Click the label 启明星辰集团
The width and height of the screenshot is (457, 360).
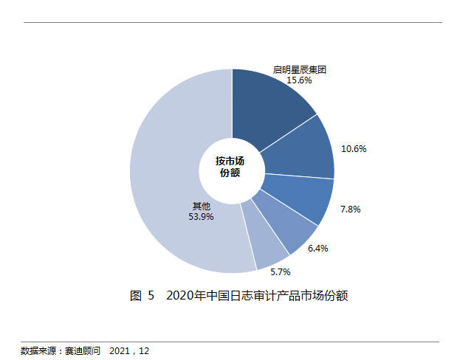point(299,70)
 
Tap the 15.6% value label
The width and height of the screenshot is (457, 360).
point(299,80)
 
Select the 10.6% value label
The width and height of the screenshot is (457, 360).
point(354,148)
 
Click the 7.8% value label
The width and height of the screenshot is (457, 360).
point(350,210)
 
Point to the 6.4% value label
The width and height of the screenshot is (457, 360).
point(317,249)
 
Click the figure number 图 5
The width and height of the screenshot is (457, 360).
point(142,297)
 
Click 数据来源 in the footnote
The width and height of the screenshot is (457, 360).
point(36,350)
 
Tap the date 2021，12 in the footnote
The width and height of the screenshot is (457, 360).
point(129,350)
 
